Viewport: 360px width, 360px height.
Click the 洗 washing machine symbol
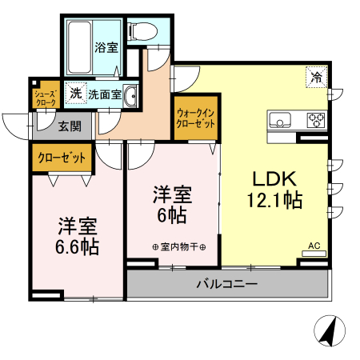pos(75,93)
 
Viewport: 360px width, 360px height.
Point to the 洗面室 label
pos(105,94)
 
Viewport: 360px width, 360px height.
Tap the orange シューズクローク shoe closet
pos(45,98)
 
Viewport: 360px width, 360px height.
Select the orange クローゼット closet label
pos(62,158)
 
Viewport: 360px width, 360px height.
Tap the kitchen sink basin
pos(282,122)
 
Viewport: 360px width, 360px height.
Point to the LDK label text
pos(275,178)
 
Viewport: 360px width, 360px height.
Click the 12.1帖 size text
pos(277,200)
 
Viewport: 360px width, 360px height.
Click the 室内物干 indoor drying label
pos(178,246)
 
